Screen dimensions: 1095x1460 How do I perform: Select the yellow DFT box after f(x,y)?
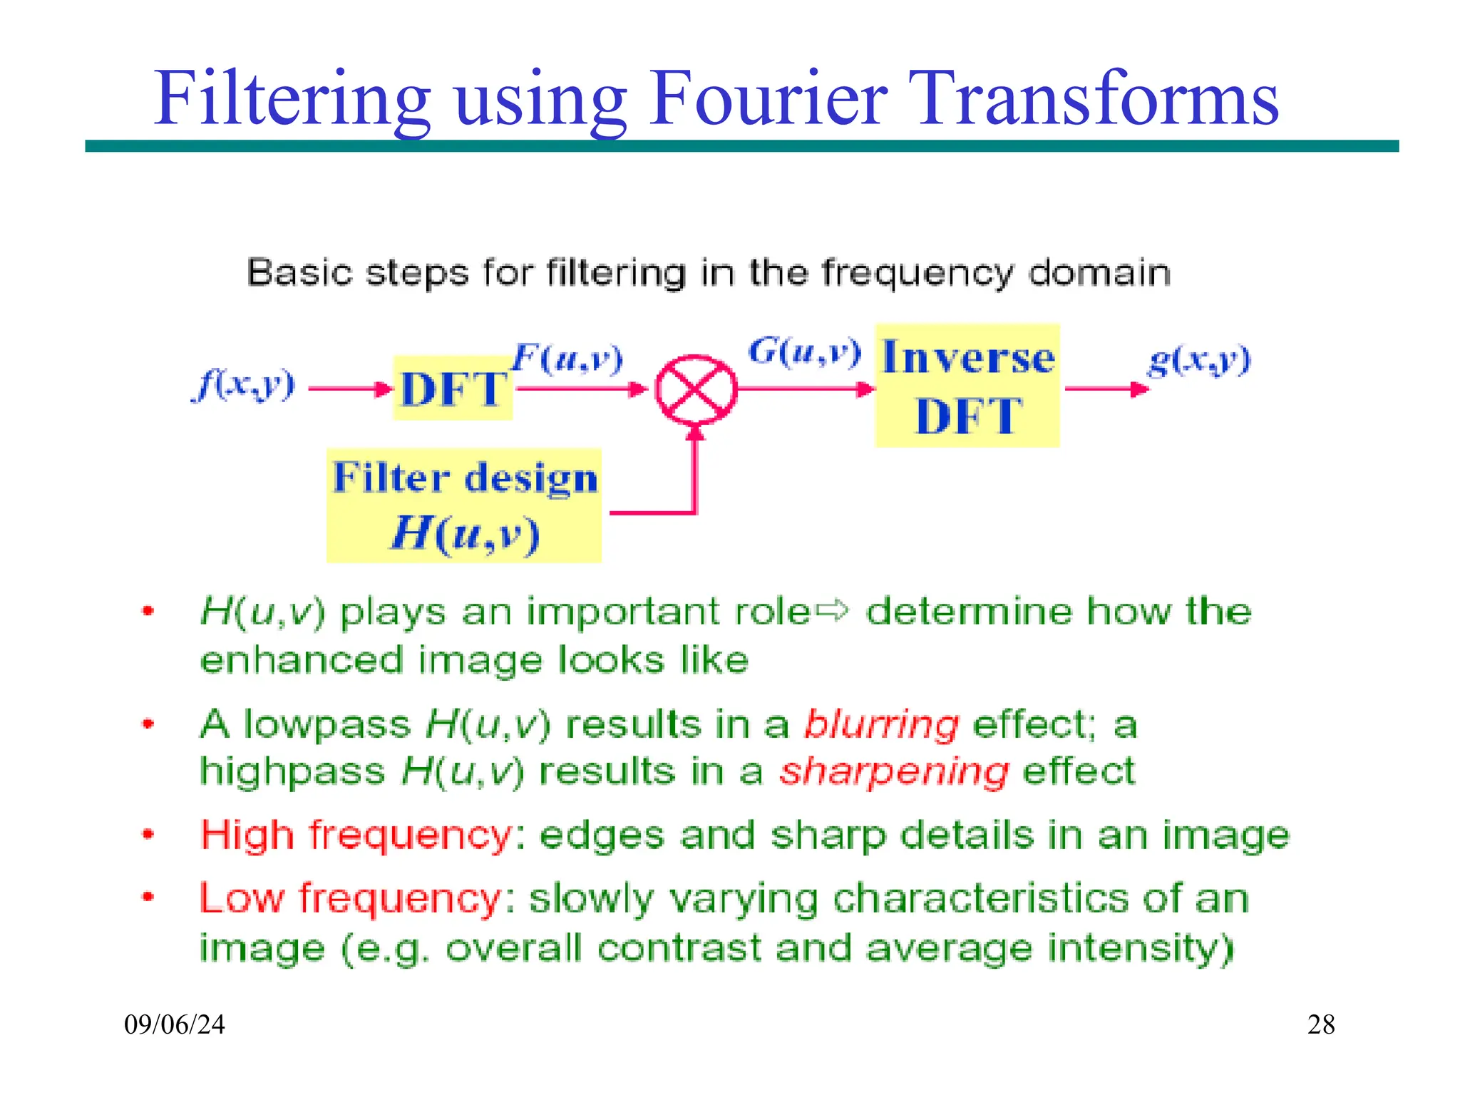pos(453,389)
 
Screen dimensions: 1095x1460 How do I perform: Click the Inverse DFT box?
pos(967,386)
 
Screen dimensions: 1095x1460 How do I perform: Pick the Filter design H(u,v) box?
pos(464,505)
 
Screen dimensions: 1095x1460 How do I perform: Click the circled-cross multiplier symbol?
pos(696,389)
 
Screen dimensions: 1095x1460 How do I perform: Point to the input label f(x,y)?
pos(245,386)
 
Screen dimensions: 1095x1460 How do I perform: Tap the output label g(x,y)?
pos(1199,361)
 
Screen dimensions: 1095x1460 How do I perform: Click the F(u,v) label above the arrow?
pos(568,357)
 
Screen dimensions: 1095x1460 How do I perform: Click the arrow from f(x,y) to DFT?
pos(350,389)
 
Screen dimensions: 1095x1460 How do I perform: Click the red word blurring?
pos(881,725)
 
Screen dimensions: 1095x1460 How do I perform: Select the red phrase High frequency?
pos(356,835)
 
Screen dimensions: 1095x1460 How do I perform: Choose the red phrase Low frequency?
pos(351,898)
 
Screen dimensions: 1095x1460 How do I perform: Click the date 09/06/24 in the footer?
pos(175,1024)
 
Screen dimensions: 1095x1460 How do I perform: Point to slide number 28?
pos(1321,1024)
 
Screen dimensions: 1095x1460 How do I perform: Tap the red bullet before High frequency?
pos(148,834)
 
